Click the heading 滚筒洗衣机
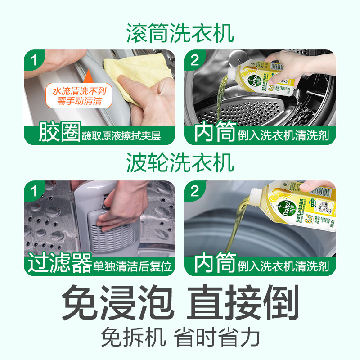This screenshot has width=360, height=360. [180, 34]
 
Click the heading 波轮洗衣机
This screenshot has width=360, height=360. [180, 163]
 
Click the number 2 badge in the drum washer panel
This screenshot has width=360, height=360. [195, 60]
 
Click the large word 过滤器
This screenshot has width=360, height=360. [59, 263]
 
